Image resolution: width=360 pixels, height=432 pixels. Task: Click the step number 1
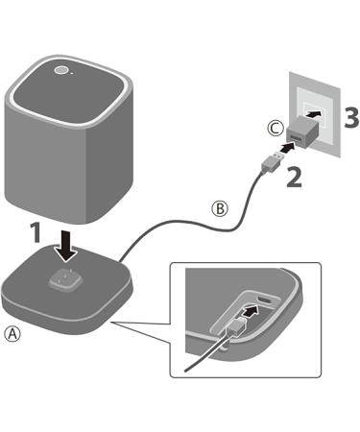[x=36, y=231]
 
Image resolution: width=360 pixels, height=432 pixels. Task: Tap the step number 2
[x=294, y=178]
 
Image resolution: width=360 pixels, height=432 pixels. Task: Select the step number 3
[x=351, y=117]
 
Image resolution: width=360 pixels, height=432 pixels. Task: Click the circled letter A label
[x=12, y=334]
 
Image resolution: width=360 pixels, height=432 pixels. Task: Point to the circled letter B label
[x=220, y=208]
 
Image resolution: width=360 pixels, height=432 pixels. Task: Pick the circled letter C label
[x=276, y=129]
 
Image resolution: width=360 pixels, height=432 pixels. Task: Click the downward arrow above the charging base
[x=66, y=246]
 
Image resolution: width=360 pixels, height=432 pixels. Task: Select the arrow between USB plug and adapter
[x=288, y=147]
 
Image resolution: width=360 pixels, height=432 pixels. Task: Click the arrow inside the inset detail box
[x=250, y=310]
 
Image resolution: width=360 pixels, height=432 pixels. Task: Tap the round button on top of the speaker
[x=60, y=70]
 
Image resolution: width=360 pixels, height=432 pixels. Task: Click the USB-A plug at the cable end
[x=273, y=162]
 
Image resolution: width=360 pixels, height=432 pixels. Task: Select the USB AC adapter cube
[x=303, y=132]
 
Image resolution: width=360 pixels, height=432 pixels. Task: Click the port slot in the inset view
[x=265, y=300]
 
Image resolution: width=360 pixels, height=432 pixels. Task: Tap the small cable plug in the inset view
[x=236, y=326]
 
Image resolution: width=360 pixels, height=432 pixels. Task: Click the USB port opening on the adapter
[x=295, y=138]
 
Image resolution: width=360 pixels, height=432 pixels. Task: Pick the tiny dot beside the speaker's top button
[x=71, y=73]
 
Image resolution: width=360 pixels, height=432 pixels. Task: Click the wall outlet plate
[x=315, y=114]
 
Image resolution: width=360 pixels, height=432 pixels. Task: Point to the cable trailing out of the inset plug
[x=206, y=352]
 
